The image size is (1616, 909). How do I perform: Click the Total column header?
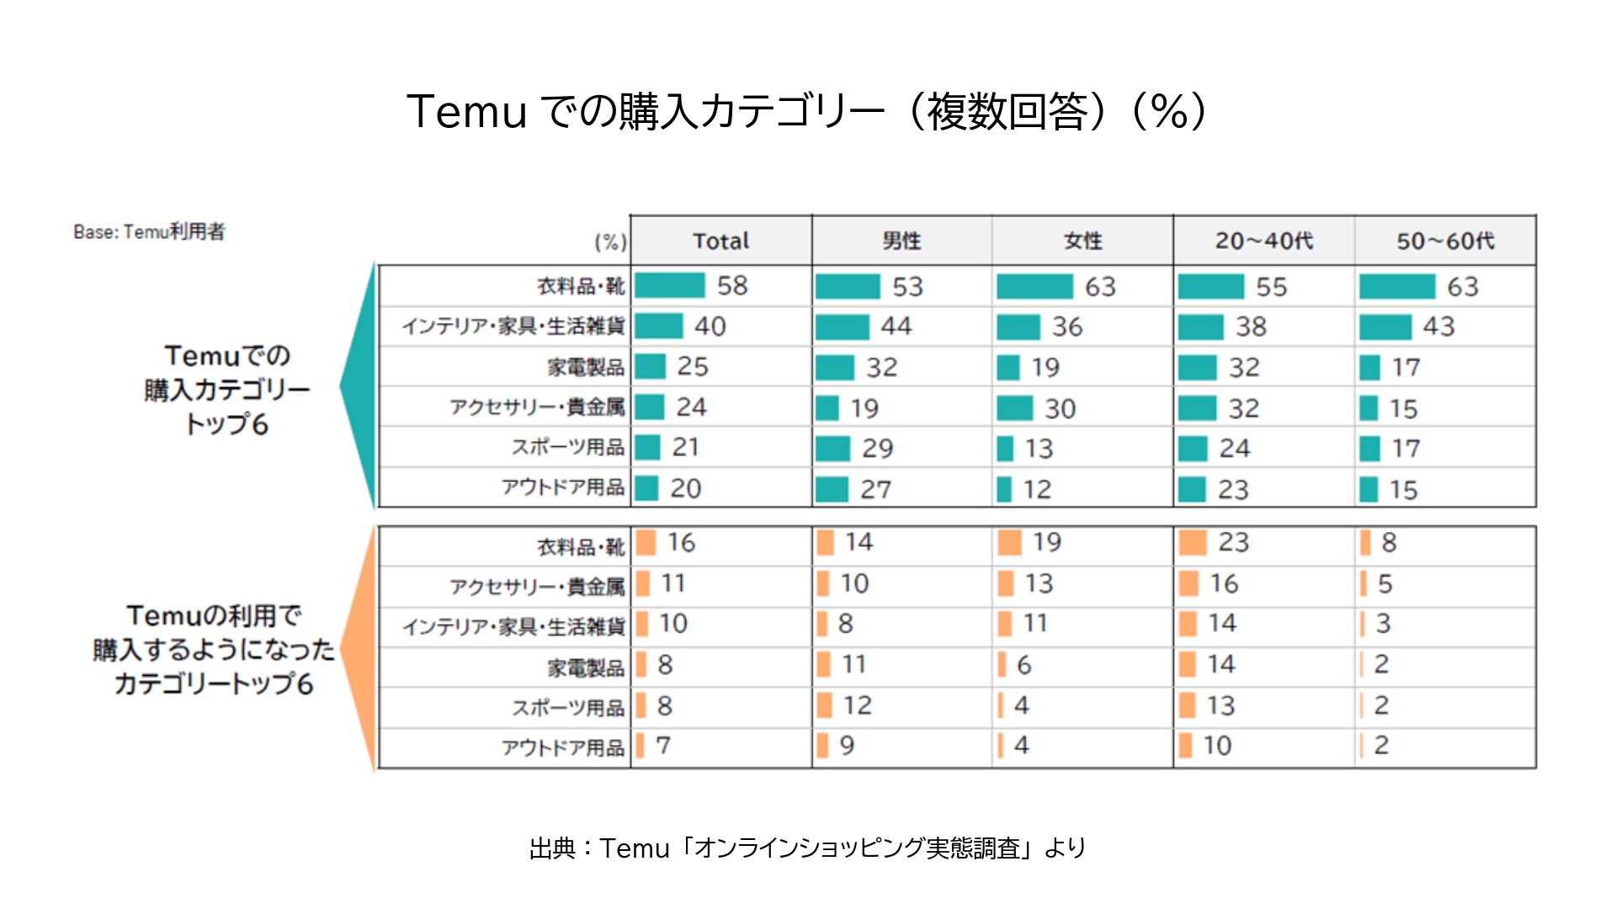(x=720, y=241)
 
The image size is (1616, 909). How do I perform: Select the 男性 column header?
(x=901, y=241)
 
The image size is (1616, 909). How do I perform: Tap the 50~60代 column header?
(x=1445, y=241)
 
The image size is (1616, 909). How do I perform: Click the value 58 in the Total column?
(x=732, y=285)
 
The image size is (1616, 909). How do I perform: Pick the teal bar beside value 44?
(x=842, y=327)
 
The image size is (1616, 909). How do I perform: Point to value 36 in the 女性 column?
(x=1067, y=327)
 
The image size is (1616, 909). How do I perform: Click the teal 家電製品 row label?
(x=586, y=367)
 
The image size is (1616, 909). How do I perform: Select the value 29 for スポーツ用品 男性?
(x=877, y=449)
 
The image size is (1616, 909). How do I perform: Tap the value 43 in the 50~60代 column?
(x=1438, y=327)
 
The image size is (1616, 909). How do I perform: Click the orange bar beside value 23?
(x=1193, y=543)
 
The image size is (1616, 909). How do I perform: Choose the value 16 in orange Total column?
(x=681, y=543)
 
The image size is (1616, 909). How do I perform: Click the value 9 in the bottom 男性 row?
(x=847, y=746)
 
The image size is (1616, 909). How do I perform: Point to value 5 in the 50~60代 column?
(x=1385, y=583)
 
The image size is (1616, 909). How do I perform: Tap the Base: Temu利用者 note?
(x=149, y=231)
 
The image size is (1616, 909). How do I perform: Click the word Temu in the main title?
(x=466, y=111)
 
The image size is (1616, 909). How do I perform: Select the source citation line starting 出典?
(x=807, y=848)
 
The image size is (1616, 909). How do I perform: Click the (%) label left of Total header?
(x=610, y=242)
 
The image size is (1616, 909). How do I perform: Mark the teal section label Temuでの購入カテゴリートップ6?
(x=226, y=389)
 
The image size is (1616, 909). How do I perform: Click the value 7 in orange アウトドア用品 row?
(x=663, y=746)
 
